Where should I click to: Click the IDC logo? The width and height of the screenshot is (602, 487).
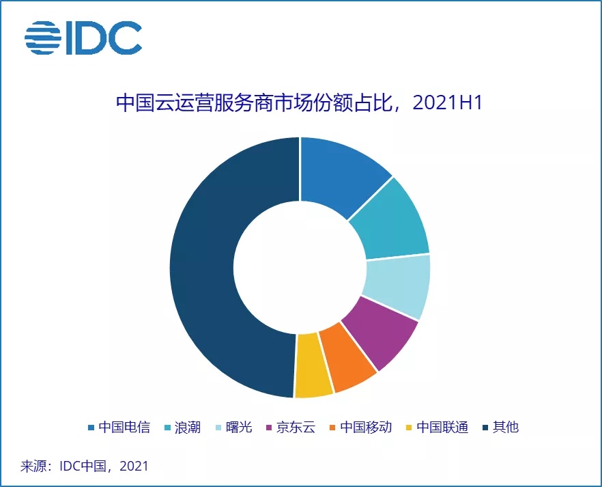tap(83, 38)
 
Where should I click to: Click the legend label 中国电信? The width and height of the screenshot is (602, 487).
tap(124, 428)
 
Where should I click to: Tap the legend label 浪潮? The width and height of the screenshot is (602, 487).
tap(187, 428)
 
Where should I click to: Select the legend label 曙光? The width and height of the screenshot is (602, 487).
tap(239, 428)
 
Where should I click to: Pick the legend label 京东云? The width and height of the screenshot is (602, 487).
tap(296, 428)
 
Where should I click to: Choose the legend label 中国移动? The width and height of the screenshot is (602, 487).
tap(366, 428)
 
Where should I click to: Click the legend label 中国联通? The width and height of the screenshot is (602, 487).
tap(442, 428)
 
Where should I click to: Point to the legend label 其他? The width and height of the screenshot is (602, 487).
tap(506, 428)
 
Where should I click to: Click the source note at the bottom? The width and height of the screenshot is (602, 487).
tap(84, 467)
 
